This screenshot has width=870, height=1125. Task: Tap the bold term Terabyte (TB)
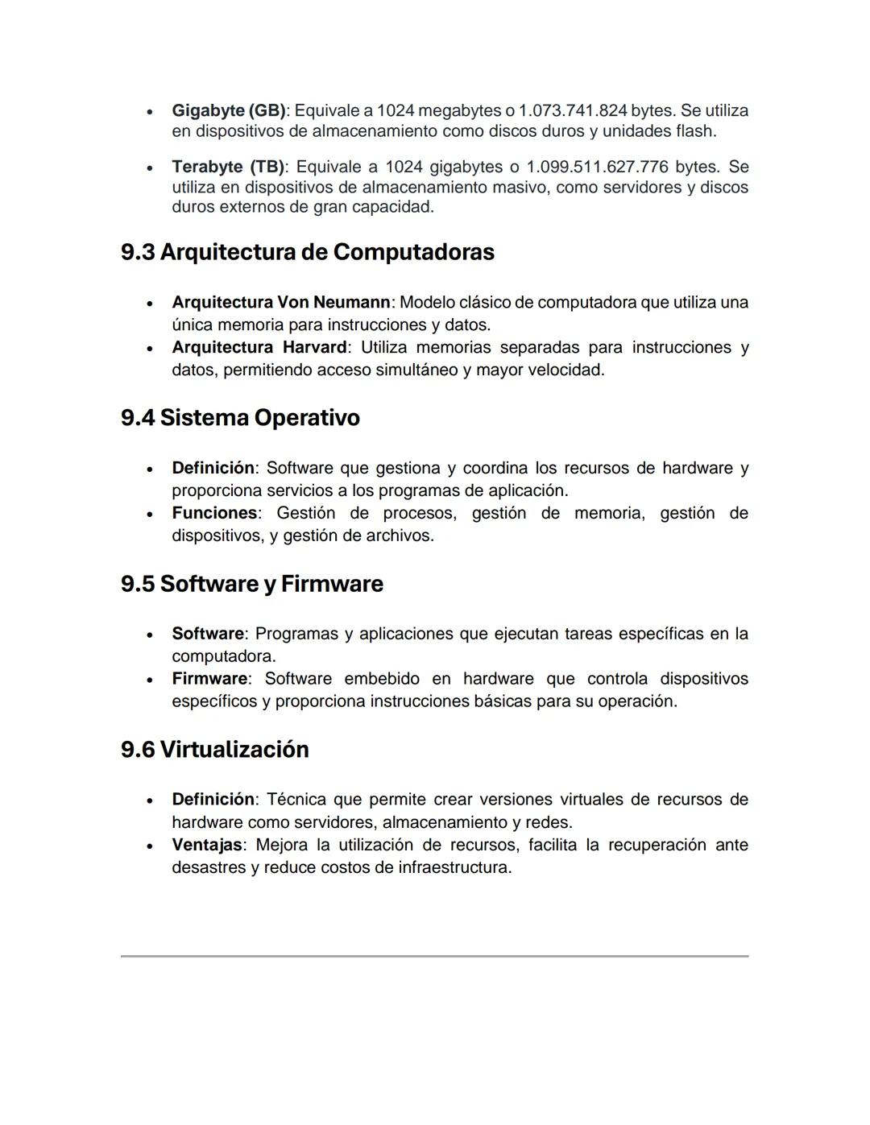coord(228,167)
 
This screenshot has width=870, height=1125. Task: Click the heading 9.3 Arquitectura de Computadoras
coord(307,252)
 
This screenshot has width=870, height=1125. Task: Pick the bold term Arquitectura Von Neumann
coord(280,303)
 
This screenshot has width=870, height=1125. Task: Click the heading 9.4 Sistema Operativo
coord(240,418)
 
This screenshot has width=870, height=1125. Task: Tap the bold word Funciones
coord(214,513)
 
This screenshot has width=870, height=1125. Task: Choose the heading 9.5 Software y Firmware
coord(251,584)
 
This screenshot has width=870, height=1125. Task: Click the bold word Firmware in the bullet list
coord(209,679)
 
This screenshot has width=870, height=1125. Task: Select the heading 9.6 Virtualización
coord(214,750)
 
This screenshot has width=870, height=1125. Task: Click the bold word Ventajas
coord(207,845)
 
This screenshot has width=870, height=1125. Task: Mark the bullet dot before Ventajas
coord(150,846)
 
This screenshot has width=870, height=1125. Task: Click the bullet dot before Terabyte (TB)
coord(150,168)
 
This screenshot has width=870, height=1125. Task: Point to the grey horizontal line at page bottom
coord(434,956)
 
